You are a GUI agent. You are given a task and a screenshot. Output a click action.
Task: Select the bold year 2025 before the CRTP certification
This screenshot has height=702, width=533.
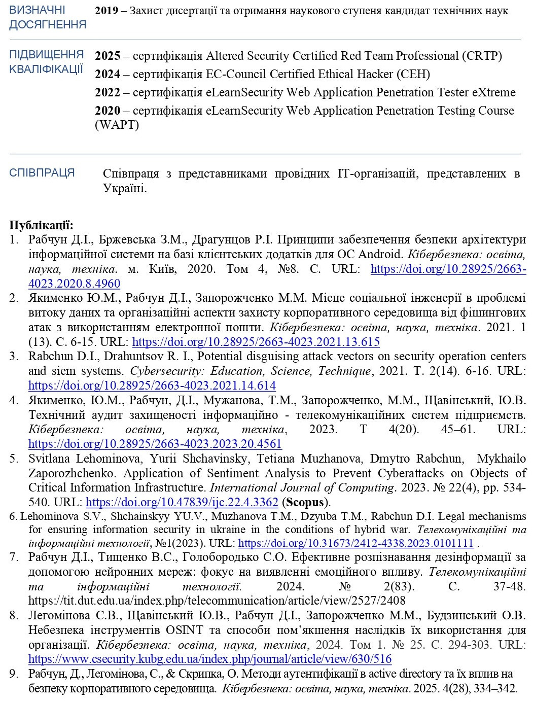click(x=108, y=56)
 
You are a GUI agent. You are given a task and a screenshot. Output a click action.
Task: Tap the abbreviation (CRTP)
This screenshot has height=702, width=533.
click(x=482, y=56)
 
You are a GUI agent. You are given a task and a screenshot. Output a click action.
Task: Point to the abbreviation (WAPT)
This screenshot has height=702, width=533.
click(x=117, y=124)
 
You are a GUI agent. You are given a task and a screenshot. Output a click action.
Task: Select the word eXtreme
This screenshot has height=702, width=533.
click(x=493, y=92)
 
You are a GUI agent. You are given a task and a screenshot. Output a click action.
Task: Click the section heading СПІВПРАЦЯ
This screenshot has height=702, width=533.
click(x=42, y=173)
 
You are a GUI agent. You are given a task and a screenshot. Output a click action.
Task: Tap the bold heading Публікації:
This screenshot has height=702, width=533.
click(x=42, y=225)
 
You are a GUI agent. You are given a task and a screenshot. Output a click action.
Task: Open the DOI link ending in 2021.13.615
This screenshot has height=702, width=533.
click(x=256, y=342)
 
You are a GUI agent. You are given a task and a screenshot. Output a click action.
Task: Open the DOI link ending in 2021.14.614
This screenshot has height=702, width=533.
click(x=152, y=385)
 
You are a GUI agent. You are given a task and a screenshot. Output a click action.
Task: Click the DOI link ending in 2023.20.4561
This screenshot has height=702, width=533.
click(x=155, y=444)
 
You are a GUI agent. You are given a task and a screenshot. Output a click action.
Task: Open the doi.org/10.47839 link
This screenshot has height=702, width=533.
click(x=182, y=503)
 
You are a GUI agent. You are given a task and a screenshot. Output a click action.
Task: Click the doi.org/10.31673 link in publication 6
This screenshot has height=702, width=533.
click(x=356, y=543)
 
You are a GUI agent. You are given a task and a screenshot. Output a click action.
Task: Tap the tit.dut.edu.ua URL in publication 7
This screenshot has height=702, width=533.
click(x=217, y=601)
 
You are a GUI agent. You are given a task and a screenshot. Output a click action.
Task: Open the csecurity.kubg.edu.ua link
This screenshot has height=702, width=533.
click(x=210, y=659)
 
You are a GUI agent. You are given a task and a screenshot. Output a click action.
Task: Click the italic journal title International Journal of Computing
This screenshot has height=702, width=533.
click(x=302, y=488)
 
